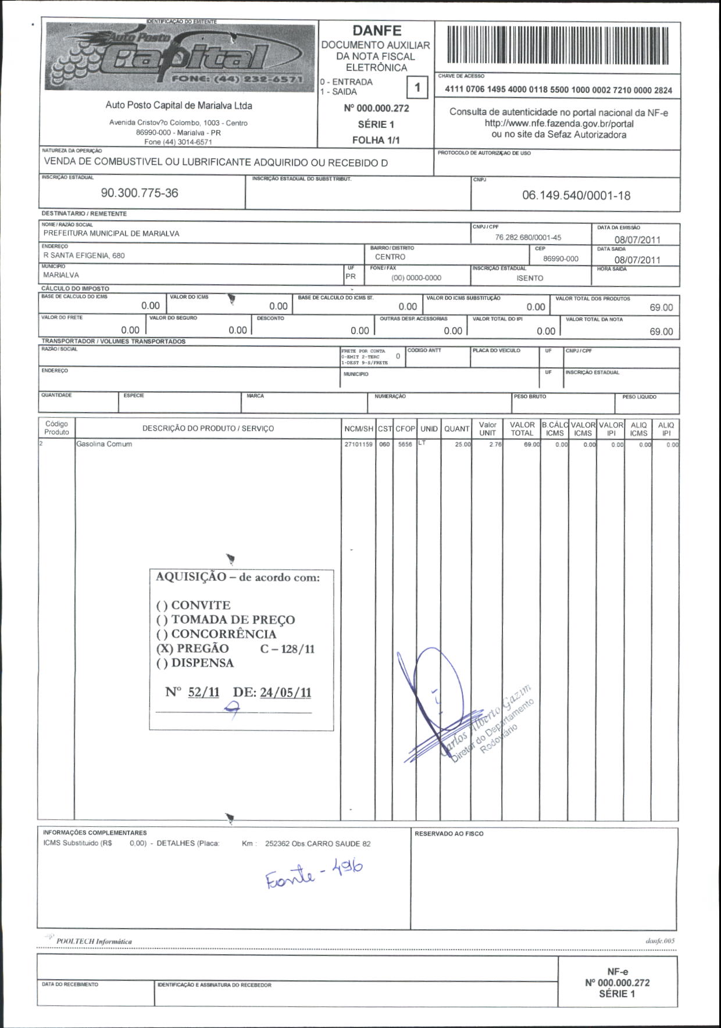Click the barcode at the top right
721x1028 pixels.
tap(558, 45)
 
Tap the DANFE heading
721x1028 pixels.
tap(377, 30)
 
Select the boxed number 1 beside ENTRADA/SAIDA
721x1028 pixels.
tap(417, 88)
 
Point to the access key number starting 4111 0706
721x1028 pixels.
tap(558, 90)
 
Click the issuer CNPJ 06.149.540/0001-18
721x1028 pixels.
tap(576, 195)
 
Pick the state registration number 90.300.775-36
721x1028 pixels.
tap(140, 193)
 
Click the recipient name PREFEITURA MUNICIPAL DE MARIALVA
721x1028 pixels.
tap(112, 234)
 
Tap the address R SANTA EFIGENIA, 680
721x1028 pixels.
tap(84, 255)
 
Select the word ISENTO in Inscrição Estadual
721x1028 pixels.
tap(530, 278)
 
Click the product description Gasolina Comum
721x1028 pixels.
tap(104, 444)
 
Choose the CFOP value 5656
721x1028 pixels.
tap(405, 445)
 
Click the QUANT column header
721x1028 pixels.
tap(456, 429)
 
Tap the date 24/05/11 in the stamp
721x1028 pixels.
tap(285, 692)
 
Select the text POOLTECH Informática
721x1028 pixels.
tap(94, 941)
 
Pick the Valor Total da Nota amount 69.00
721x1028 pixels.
tap(661, 332)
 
